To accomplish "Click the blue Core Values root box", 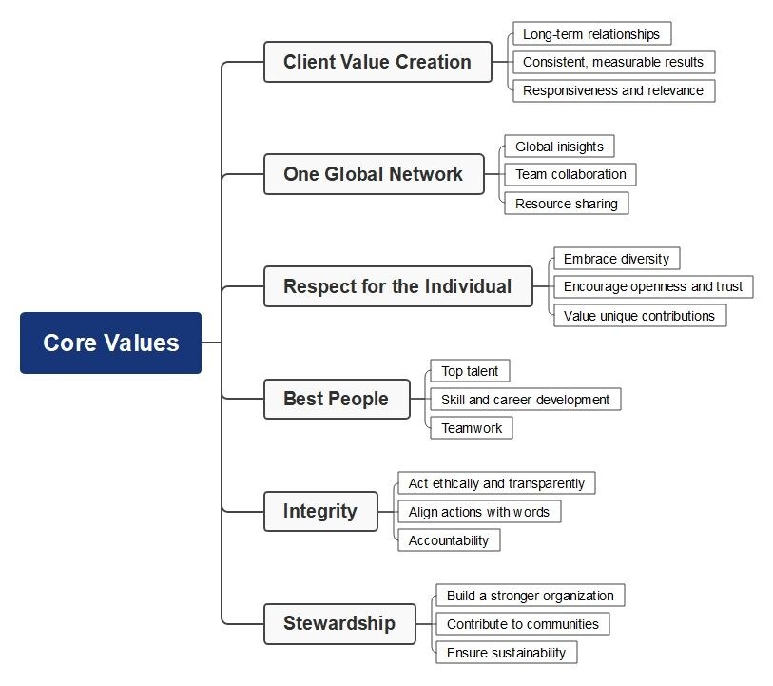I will (110, 343).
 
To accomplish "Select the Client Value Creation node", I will (377, 62).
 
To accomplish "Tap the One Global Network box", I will (374, 174).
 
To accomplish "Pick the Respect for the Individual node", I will (397, 286).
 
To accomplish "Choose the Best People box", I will (337, 399).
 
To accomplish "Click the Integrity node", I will (320, 511).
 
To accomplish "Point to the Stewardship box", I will (339, 624).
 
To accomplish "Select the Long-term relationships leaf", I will (591, 34).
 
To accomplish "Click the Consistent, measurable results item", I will (613, 62).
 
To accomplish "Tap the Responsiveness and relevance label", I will (613, 90).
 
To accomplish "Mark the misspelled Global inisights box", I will (559, 147).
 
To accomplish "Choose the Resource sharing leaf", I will (566, 203).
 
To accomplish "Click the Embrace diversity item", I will (616, 259).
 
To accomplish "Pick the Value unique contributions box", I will (639, 315).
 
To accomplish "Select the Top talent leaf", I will (470, 371).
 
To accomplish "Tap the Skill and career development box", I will (525, 400).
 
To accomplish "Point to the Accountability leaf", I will (449, 540).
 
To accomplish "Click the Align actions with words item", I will (479, 512).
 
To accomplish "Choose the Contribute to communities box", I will (523, 624).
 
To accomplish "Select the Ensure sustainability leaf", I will (506, 653).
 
